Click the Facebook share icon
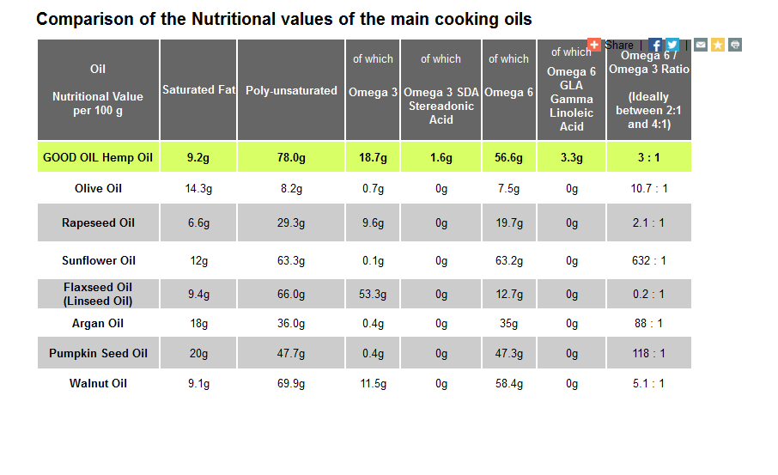pyautogui.click(x=655, y=45)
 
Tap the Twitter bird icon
pyautogui.click(x=672, y=45)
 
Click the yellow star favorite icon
pyautogui.click(x=718, y=45)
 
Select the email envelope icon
pyautogui.click(x=701, y=45)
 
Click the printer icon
pyautogui.click(x=735, y=45)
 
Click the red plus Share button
pyautogui.click(x=594, y=45)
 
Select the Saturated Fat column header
pyautogui.click(x=198, y=90)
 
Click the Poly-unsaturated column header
pyautogui.click(x=291, y=90)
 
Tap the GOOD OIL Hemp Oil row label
pyautogui.click(x=98, y=157)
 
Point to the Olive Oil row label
pyautogui.click(x=98, y=189)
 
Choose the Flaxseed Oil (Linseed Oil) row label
pyautogui.click(x=98, y=294)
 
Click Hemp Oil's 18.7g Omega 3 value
pyautogui.click(x=373, y=158)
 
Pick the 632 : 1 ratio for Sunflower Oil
pyautogui.click(x=649, y=260)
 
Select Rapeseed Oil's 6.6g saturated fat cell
pyautogui.click(x=198, y=222)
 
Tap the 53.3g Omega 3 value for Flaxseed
pyautogui.click(x=373, y=295)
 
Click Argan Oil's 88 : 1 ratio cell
pyautogui.click(x=648, y=324)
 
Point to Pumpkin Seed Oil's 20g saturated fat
pyautogui.click(x=198, y=353)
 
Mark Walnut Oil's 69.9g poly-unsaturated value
pyautogui.click(x=291, y=384)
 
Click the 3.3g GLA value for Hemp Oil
pyautogui.click(x=572, y=158)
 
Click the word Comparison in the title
pyautogui.click(x=85, y=20)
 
